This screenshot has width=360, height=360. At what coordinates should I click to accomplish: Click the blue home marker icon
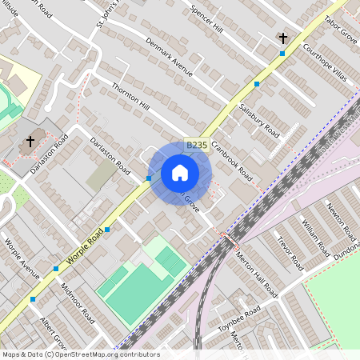point(180,173)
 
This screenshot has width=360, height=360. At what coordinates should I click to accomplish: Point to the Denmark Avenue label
point(170,57)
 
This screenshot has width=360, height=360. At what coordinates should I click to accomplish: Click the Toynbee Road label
point(240,318)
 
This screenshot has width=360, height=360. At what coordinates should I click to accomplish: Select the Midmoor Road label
point(77,303)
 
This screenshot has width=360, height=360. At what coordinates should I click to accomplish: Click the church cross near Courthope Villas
point(282,38)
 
